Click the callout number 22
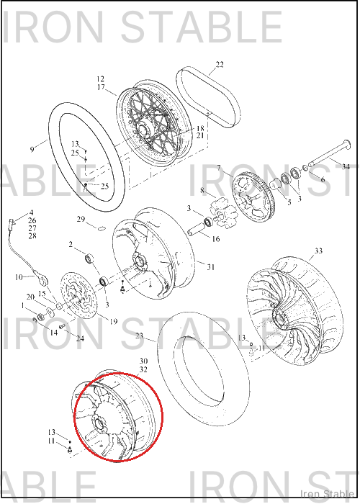220,65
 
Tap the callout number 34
346,167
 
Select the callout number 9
32,150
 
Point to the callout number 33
318,251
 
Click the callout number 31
210,267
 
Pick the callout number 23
139,336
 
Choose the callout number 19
114,321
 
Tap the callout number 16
216,239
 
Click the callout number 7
219,168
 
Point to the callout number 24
80,338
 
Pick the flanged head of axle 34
346,143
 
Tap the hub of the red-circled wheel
100,423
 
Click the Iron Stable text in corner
327,493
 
